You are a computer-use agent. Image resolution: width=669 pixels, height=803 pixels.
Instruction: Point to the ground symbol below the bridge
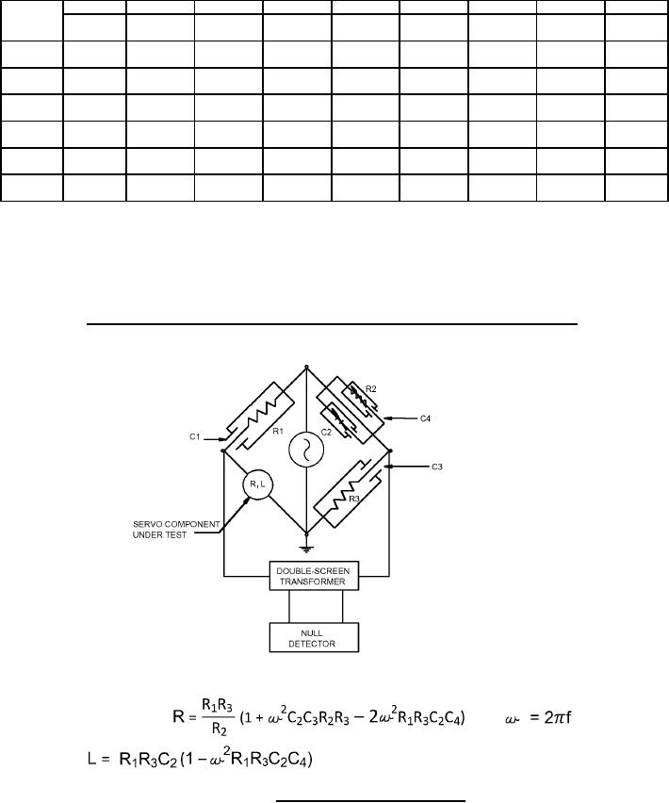(x=306, y=549)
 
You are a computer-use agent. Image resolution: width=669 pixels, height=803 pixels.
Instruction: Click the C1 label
(x=194, y=437)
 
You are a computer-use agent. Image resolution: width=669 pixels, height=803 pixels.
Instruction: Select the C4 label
(x=425, y=418)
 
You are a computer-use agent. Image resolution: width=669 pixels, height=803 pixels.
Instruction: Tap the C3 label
(x=436, y=467)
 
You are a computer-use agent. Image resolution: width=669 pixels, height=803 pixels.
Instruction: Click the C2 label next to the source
(x=326, y=433)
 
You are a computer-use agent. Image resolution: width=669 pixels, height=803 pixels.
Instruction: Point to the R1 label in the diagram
(x=278, y=432)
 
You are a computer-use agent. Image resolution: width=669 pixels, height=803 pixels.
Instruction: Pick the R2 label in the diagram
(x=371, y=389)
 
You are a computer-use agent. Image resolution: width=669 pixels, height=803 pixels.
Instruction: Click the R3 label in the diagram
(x=354, y=499)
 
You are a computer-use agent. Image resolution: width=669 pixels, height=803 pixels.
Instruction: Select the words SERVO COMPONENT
(x=176, y=524)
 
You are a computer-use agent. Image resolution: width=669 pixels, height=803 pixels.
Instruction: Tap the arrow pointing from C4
(x=400, y=418)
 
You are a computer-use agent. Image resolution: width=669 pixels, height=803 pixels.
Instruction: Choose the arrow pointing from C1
(x=215, y=439)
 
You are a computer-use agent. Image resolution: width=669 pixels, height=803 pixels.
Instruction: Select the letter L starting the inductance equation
(x=91, y=759)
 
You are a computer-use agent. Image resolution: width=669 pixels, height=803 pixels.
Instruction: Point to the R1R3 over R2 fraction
(x=218, y=717)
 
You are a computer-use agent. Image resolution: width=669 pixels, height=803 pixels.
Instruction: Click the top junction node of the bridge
(x=306, y=367)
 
